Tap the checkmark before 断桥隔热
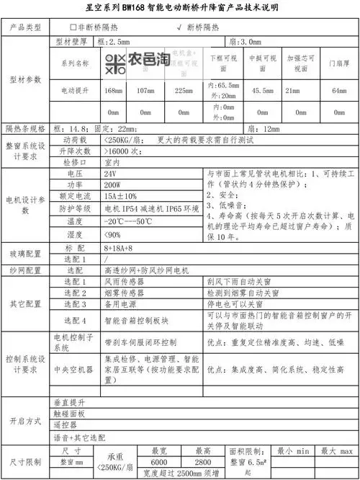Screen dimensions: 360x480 178,27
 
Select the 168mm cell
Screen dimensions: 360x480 114,91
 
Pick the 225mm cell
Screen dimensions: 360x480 184,91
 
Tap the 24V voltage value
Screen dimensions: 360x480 110,174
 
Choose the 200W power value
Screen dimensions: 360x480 112,185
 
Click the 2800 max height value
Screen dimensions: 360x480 202,461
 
